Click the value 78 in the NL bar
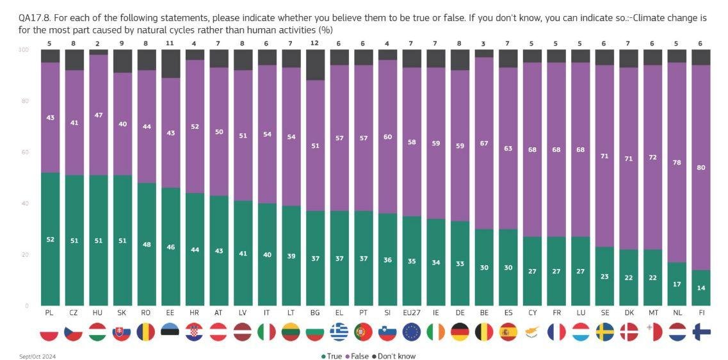[x=677, y=163]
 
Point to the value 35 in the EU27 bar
[x=411, y=261]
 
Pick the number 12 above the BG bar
[x=314, y=44]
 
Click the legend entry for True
[x=331, y=356]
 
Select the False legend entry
[x=359, y=356]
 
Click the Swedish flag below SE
[x=604, y=332]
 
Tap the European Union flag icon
[x=411, y=332]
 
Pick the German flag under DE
[x=459, y=332]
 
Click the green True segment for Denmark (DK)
[x=628, y=277]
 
